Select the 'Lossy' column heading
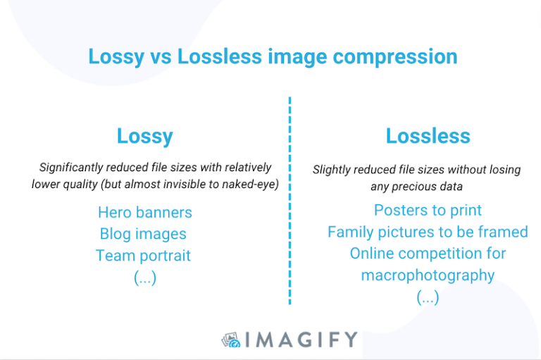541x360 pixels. pyautogui.click(x=144, y=136)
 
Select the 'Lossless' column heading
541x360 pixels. pyautogui.click(x=428, y=136)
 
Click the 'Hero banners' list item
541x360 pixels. pyautogui.click(x=144, y=212)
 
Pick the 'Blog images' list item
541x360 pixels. pyautogui.click(x=143, y=234)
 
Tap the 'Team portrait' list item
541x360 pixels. pyautogui.click(x=143, y=255)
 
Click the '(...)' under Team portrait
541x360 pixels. pyautogui.click(x=145, y=278)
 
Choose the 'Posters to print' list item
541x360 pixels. pyautogui.click(x=428, y=210)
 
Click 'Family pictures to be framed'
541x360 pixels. pyautogui.click(x=428, y=232)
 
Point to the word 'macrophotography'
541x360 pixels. pyautogui.click(x=428, y=275)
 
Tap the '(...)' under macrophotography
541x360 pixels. pyautogui.click(x=428, y=297)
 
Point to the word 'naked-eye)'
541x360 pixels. pyautogui.click(x=254, y=185)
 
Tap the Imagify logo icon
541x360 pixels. pyautogui.click(x=230, y=340)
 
